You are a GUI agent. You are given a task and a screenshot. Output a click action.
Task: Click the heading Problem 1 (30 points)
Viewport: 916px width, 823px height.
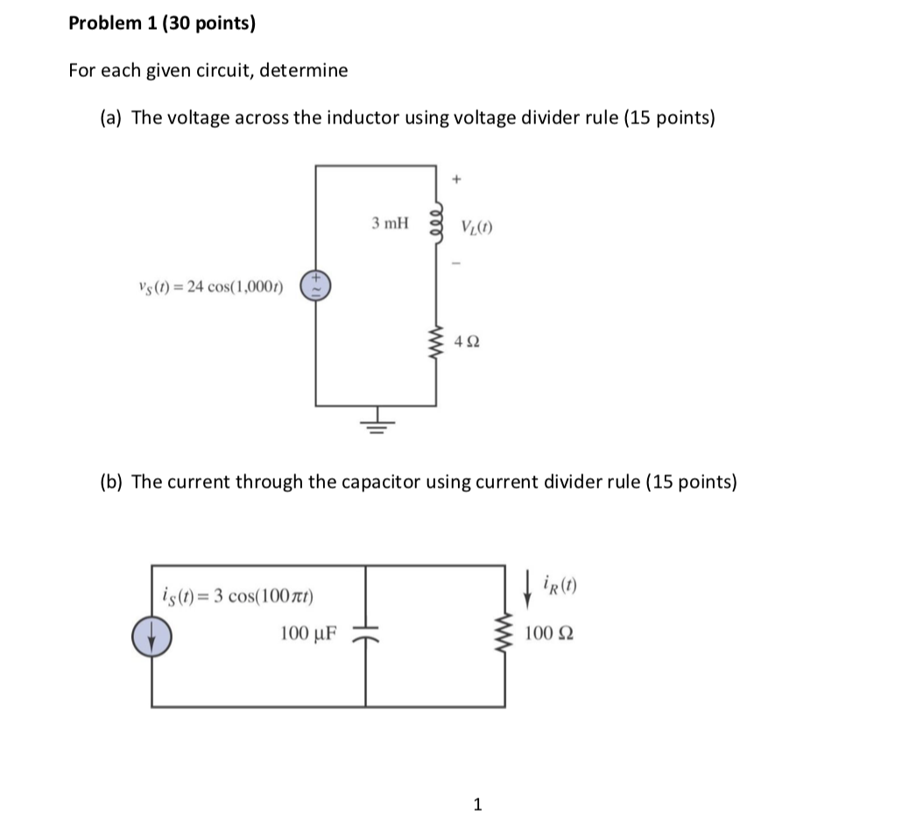pos(162,25)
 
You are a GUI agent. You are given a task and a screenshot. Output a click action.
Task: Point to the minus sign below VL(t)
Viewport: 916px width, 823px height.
pos(455,261)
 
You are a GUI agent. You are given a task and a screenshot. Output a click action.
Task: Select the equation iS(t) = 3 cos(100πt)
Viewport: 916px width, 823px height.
pos(239,597)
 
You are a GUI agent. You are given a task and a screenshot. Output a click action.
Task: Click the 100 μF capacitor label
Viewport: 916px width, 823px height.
pos(309,633)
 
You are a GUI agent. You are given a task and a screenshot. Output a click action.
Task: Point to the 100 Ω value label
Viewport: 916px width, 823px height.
pos(550,633)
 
